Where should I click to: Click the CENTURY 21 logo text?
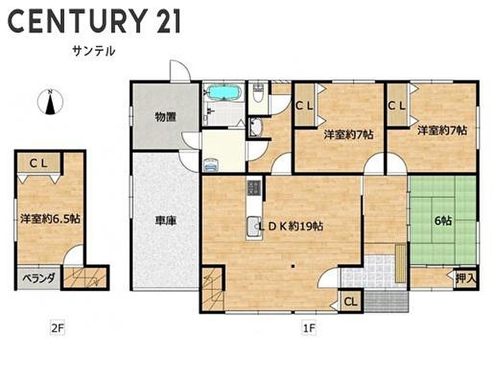94,21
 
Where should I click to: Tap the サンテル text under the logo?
94,51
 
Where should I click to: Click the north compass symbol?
50,102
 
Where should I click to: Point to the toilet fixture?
258,93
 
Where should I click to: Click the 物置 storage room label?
165,117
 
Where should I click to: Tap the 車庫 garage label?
165,220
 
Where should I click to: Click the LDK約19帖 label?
291,226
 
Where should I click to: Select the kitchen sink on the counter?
254,228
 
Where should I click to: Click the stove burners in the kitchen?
254,187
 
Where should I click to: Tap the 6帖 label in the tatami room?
443,221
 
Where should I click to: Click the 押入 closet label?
466,278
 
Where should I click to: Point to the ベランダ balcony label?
39,278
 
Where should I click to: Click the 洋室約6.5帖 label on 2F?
50,218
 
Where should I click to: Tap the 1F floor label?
309,328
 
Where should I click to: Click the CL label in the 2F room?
39,163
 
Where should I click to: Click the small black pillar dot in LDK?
293,266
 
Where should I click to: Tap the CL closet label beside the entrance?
350,302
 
